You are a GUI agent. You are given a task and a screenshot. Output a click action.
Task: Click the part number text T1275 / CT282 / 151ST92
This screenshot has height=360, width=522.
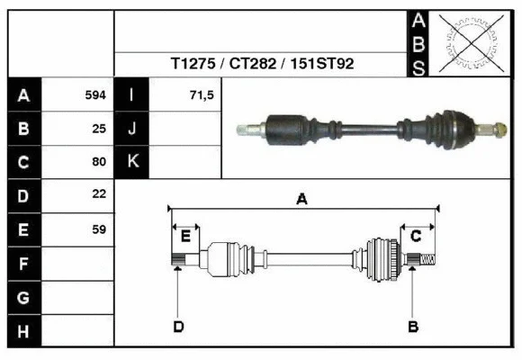click(x=262, y=65)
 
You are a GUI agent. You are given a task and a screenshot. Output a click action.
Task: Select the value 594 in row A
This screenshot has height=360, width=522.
click(x=95, y=94)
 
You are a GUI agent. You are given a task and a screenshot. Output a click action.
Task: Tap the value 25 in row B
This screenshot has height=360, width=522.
click(x=99, y=129)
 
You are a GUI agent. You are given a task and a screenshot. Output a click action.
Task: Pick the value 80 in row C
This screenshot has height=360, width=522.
click(x=99, y=162)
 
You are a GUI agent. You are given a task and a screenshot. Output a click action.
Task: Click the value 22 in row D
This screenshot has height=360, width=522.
click(x=99, y=194)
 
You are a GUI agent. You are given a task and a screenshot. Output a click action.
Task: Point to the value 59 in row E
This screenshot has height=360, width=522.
click(x=99, y=229)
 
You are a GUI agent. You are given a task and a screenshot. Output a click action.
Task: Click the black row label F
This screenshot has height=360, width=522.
click(x=23, y=264)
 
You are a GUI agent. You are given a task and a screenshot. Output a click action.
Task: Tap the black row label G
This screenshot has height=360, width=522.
click(x=23, y=297)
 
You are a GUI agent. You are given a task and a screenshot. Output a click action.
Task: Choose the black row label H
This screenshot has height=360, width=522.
click(x=23, y=331)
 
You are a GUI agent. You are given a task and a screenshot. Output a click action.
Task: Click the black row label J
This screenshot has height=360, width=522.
click(x=131, y=129)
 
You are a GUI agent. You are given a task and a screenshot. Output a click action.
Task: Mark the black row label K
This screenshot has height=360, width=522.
click(x=131, y=162)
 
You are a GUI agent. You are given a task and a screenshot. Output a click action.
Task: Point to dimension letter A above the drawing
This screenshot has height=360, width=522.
click(x=301, y=199)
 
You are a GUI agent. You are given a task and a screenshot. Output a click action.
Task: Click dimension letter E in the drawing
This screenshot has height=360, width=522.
click(x=185, y=236)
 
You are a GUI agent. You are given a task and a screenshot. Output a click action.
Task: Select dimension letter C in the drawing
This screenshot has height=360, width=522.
click(x=416, y=236)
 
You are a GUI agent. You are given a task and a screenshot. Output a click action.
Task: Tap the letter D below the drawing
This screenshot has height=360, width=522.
click(x=178, y=326)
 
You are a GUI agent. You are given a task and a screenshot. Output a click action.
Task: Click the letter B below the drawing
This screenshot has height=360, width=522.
click(x=413, y=326)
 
